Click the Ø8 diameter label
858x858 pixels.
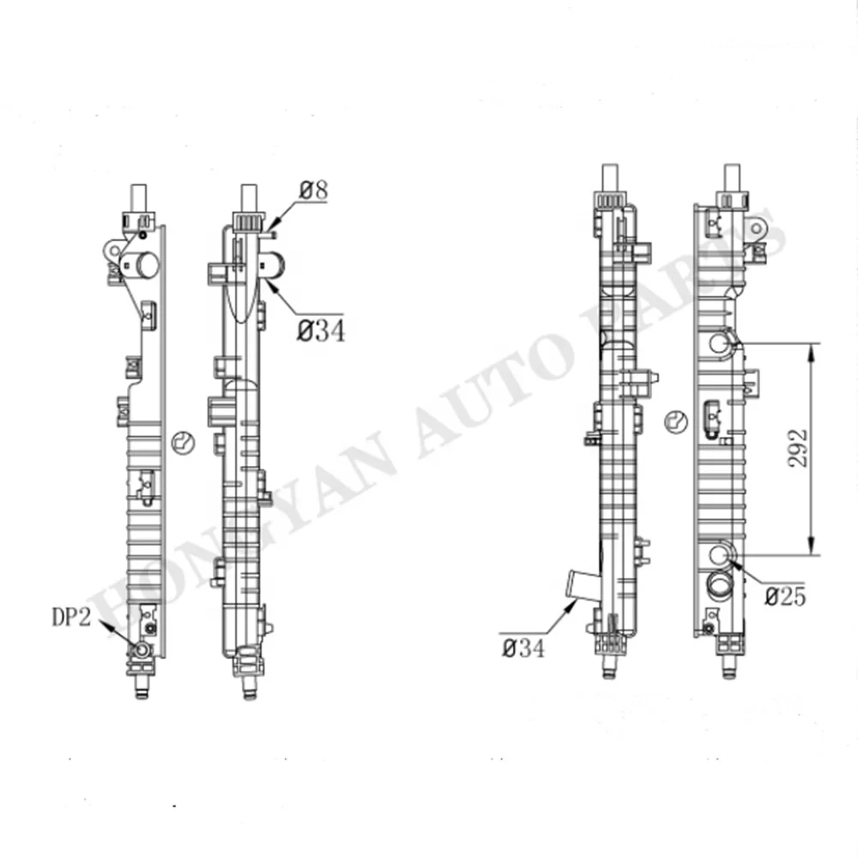(313, 190)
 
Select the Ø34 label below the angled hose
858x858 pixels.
(523, 649)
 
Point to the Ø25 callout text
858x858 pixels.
(785, 596)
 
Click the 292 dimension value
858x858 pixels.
(797, 449)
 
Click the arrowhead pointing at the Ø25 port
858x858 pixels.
(734, 562)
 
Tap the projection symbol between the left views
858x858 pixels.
(183, 443)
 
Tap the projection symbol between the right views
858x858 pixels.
(676, 420)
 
